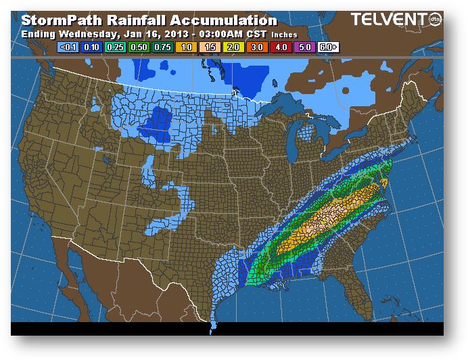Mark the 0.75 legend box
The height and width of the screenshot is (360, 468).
tap(162, 47)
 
